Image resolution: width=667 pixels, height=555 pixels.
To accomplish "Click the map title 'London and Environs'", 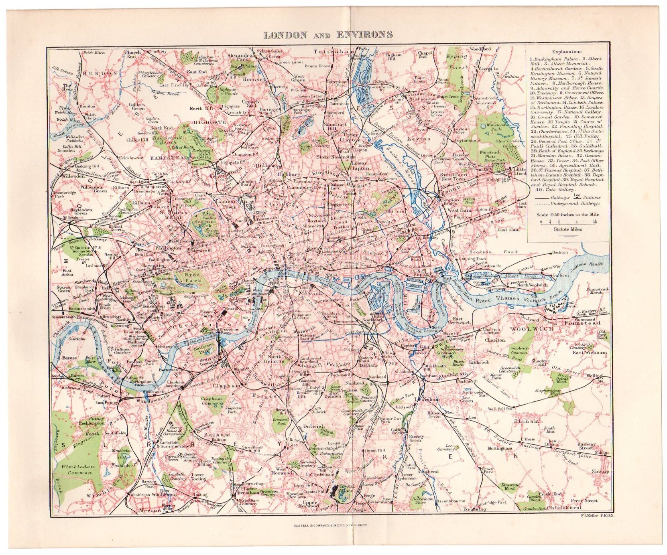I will coord(328,34).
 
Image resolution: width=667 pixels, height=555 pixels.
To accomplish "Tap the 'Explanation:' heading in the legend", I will coord(567,52).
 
